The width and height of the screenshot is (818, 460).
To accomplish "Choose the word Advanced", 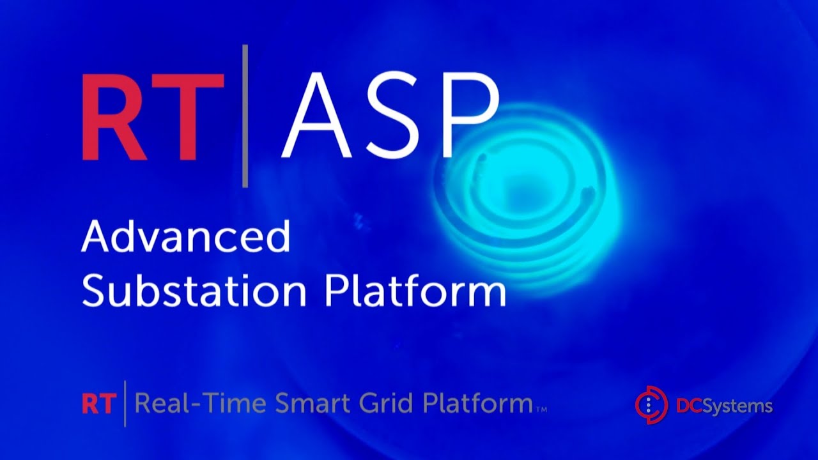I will pyautogui.click(x=186, y=237).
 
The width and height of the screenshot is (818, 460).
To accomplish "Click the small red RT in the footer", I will pyautogui.click(x=98, y=404).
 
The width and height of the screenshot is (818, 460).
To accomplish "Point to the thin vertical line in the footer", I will pyautogui.click(x=125, y=404).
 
